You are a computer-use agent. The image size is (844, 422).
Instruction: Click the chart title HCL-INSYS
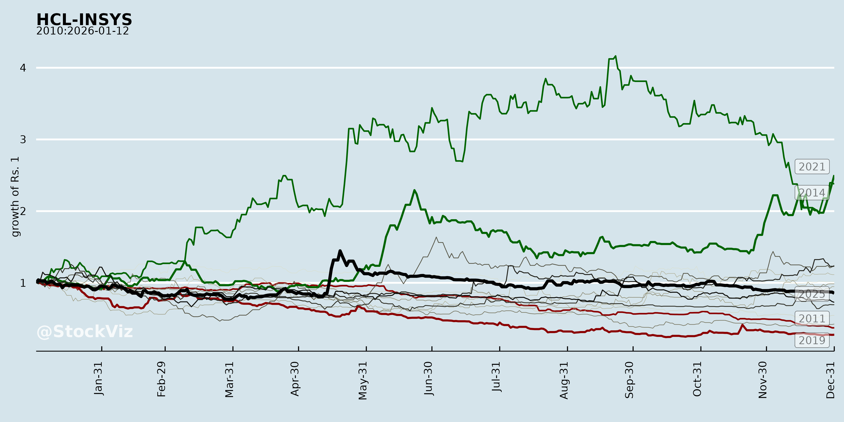(84, 20)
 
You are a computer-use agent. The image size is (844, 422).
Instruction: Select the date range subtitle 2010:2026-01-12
(83, 31)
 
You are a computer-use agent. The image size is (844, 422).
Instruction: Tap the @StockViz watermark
(85, 332)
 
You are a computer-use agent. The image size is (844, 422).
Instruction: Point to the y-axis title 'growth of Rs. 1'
(15, 197)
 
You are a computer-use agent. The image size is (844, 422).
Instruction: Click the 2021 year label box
(812, 167)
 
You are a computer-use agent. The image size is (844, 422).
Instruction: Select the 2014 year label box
(812, 193)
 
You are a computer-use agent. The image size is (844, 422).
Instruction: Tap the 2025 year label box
(812, 294)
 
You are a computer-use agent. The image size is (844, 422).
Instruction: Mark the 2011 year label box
(812, 318)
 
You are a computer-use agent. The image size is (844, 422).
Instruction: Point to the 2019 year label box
(812, 340)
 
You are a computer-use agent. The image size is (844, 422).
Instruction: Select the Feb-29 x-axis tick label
(162, 379)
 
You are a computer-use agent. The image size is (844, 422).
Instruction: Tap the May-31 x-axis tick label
(363, 381)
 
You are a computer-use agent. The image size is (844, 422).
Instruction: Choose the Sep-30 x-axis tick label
(629, 380)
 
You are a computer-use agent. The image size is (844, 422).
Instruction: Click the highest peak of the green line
(616, 56)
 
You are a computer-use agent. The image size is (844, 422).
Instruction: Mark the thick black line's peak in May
(340, 251)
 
